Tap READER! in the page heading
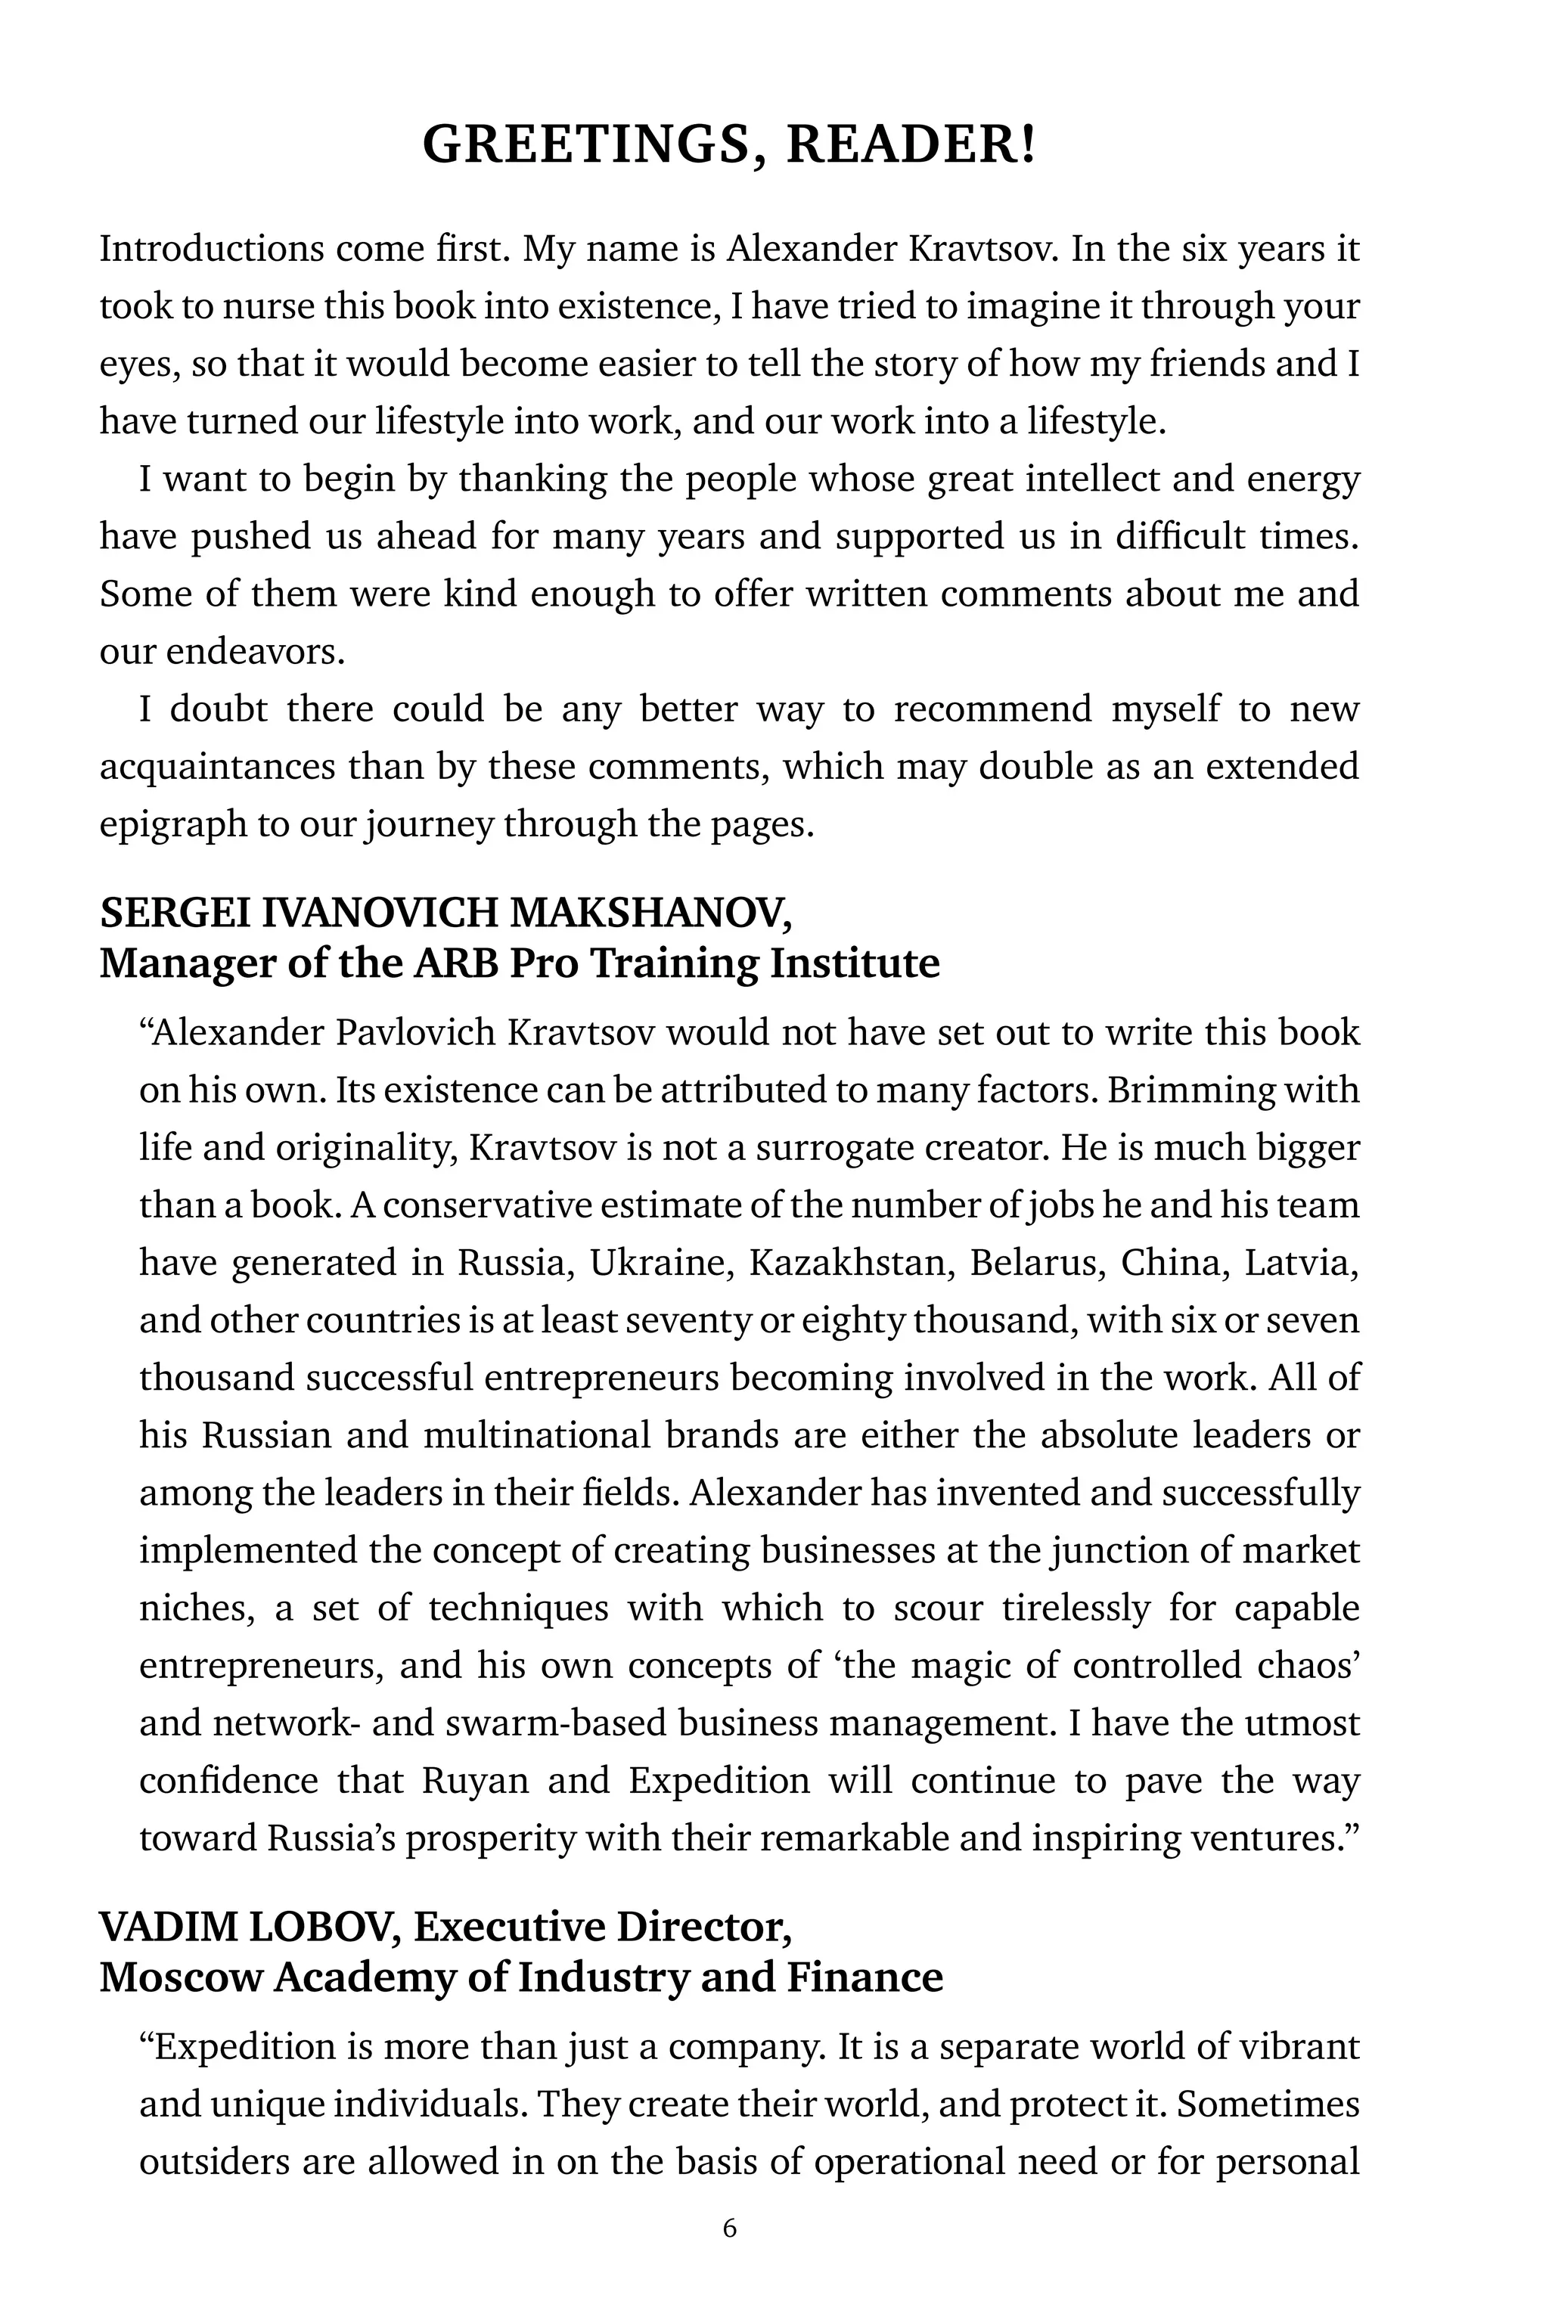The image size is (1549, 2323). [910, 144]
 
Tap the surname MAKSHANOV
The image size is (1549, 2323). [650, 913]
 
